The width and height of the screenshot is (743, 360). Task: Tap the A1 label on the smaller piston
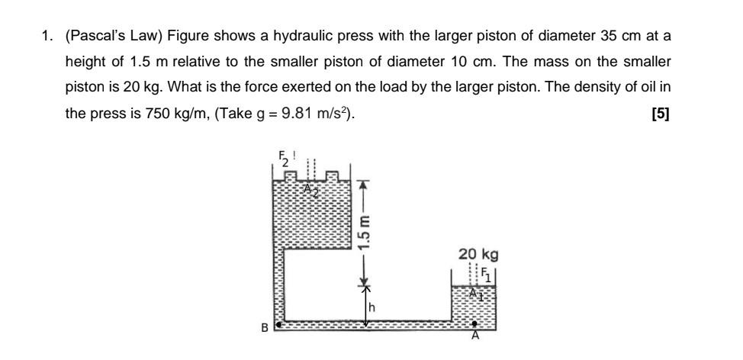click(476, 294)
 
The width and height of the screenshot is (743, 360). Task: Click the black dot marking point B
click(278, 324)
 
